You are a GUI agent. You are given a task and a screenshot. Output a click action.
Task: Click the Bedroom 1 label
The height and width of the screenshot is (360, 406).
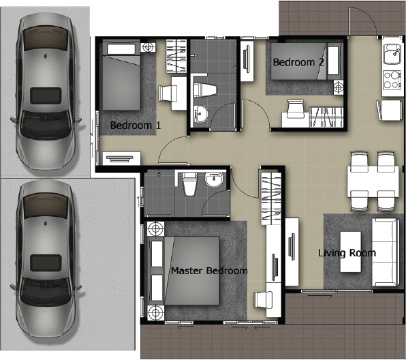(136, 125)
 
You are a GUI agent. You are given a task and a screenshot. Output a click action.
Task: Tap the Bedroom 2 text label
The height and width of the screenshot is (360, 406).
(298, 62)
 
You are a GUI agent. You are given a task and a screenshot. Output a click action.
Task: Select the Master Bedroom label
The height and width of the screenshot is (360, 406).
(209, 271)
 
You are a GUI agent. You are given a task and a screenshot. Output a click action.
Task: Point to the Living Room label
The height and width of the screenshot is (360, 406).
(347, 253)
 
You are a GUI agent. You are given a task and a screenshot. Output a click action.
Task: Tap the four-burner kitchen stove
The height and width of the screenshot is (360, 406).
(391, 80)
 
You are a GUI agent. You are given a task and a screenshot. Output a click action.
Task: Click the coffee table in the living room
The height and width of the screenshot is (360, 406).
(351, 252)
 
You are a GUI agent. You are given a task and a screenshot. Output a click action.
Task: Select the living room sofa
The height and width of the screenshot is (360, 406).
(385, 252)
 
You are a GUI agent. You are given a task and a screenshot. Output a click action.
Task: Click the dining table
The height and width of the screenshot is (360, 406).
(373, 181)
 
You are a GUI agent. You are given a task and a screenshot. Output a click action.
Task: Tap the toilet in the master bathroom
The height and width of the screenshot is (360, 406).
(190, 183)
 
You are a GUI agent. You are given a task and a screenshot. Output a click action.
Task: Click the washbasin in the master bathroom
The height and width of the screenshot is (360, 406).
(214, 179)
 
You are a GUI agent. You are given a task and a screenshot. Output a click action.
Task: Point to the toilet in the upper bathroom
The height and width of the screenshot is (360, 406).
(204, 90)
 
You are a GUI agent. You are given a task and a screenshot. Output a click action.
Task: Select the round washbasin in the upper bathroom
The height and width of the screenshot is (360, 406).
(200, 114)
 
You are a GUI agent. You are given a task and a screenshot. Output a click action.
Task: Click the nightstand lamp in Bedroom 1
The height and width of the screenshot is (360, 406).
(148, 47)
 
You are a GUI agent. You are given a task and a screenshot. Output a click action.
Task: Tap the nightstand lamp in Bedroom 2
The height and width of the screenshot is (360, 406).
(339, 87)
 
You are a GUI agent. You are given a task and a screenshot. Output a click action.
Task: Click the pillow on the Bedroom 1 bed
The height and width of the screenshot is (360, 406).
(121, 49)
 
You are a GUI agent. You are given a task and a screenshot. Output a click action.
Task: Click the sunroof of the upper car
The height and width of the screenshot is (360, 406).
(46, 95)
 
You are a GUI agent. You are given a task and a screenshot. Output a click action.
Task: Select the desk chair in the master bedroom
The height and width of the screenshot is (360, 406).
(263, 300)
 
